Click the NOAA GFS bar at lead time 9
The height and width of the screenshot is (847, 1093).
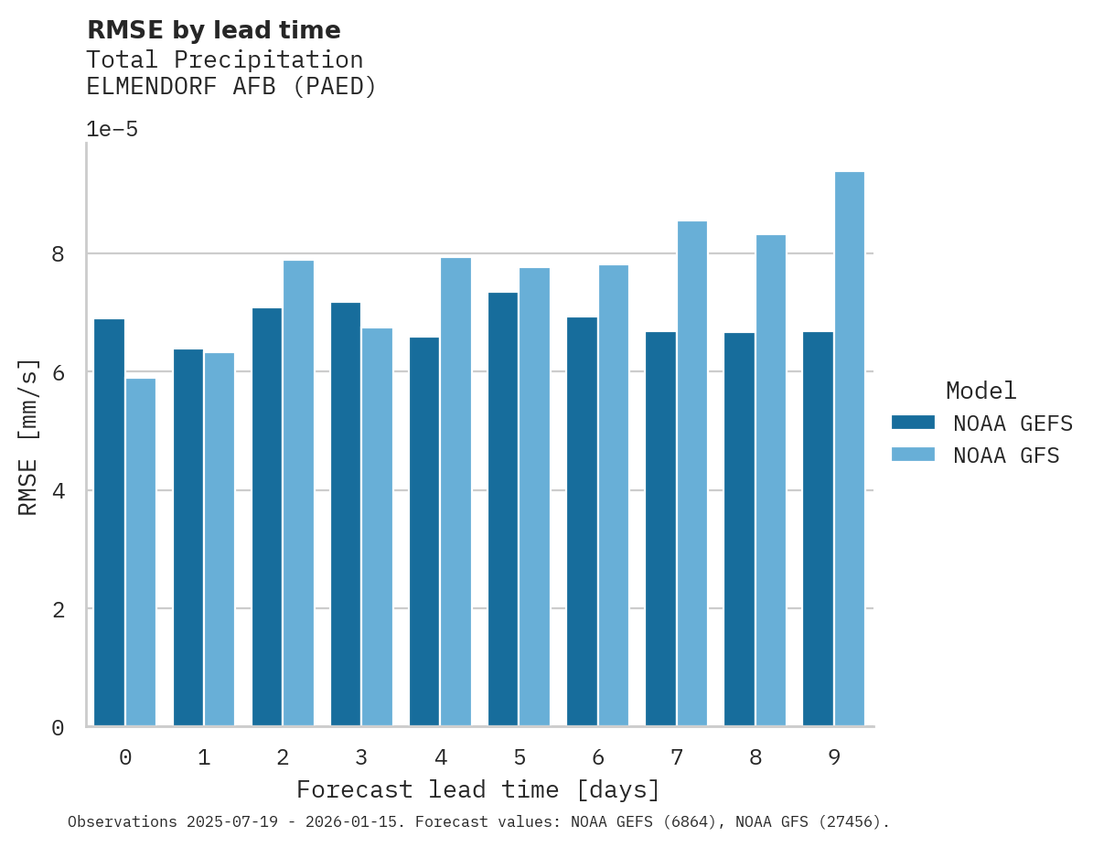850,449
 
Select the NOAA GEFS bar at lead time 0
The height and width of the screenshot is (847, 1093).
109,522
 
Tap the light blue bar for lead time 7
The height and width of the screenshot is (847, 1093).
692,474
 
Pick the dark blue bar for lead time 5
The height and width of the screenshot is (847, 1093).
503,509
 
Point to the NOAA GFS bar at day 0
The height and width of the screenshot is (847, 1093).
141,552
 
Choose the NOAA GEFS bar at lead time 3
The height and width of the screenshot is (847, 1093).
346,514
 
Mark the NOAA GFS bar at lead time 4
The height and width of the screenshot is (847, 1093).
456,492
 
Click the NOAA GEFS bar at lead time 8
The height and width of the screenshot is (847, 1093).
739,530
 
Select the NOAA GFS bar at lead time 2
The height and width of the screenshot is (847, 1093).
298,494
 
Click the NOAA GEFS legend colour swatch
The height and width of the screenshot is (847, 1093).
913,423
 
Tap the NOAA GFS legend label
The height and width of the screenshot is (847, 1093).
1006,456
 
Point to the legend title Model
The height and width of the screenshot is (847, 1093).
980,391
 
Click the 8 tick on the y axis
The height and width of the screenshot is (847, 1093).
58,254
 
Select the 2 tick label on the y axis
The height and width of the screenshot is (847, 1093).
58,609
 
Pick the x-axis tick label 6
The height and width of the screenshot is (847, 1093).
598,757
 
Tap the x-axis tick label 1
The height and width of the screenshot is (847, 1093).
204,757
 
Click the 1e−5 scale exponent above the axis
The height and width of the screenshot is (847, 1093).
112,130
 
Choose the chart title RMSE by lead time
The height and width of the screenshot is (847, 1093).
213,30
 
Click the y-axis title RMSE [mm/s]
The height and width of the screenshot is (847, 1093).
29,437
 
